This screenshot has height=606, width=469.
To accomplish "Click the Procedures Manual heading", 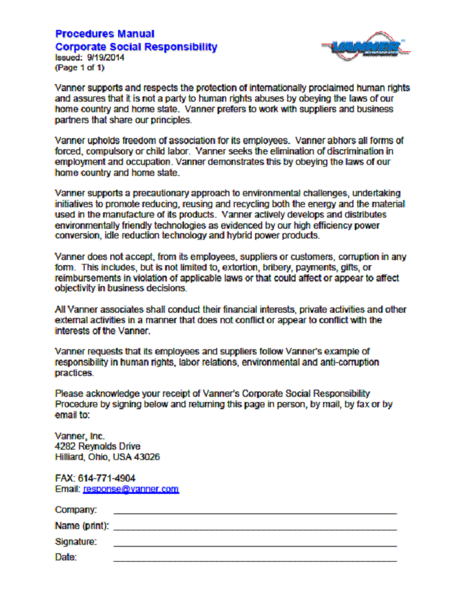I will click(x=104, y=34).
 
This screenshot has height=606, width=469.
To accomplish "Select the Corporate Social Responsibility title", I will click(x=136, y=47).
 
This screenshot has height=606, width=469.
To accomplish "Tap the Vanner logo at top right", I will click(x=365, y=48).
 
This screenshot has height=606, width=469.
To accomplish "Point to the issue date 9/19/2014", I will click(x=106, y=57).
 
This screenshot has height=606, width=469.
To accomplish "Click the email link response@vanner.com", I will click(x=130, y=489).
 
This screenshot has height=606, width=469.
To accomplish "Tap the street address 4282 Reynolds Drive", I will click(x=97, y=446).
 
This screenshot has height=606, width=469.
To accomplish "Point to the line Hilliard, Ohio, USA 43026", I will click(x=107, y=457).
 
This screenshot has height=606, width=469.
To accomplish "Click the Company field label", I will click(x=76, y=510).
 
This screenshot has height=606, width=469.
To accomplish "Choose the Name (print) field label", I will click(x=82, y=526).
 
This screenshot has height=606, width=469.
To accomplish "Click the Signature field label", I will click(x=76, y=541).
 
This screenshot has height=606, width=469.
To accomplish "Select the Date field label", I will click(x=66, y=557).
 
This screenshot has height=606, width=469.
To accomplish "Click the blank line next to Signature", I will click(x=254, y=545).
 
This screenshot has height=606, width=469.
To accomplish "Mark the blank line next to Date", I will click(x=254, y=560).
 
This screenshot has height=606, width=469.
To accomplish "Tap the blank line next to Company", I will click(x=254, y=513).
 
